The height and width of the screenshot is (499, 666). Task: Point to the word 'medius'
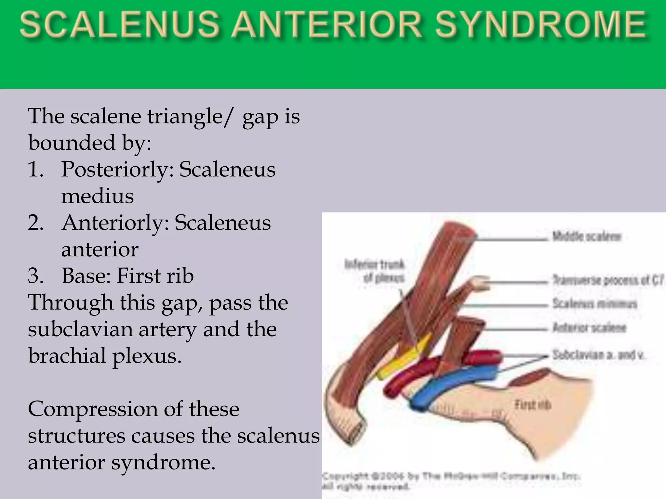(x=98, y=196)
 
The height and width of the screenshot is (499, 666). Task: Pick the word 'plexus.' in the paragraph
(x=147, y=356)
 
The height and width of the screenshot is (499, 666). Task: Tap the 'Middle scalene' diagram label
(x=587, y=237)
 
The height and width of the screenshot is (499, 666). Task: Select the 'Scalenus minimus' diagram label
(x=594, y=304)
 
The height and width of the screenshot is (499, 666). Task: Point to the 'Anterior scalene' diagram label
(x=589, y=328)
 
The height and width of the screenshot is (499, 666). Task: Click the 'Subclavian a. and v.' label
(x=598, y=355)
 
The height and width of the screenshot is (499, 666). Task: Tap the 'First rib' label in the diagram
(x=532, y=405)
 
